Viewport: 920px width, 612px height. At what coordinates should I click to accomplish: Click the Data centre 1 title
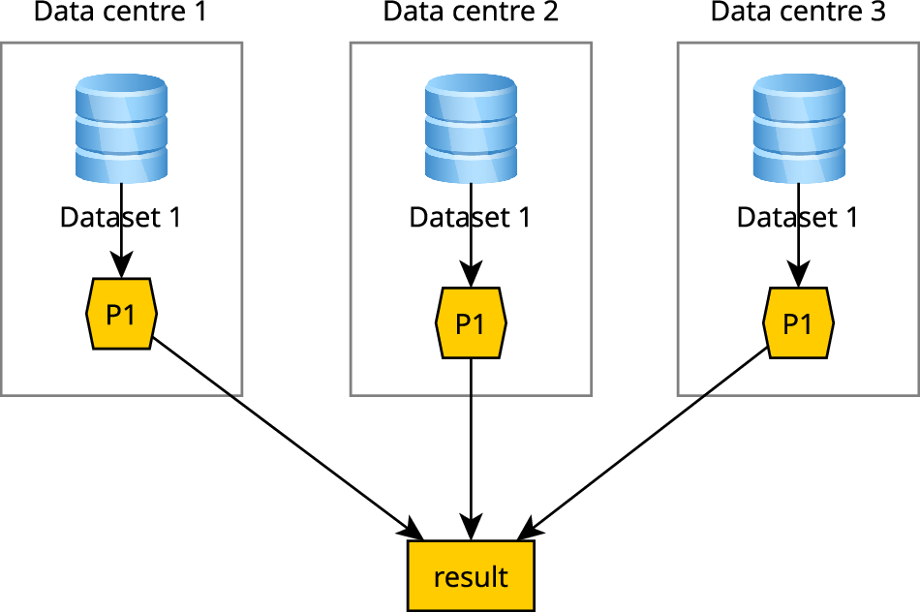[x=120, y=13]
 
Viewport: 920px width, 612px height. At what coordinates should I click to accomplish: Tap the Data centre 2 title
[x=471, y=13]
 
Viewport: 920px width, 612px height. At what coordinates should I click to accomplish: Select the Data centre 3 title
[x=798, y=13]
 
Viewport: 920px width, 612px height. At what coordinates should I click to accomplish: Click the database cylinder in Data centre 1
[x=121, y=130]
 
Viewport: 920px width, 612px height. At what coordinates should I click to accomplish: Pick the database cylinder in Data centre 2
[x=471, y=130]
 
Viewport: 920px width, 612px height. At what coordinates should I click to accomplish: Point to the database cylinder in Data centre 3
[x=798, y=130]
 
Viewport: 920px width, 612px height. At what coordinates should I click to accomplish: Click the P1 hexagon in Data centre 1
[x=121, y=315]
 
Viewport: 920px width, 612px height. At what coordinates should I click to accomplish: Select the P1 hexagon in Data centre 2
[x=471, y=322]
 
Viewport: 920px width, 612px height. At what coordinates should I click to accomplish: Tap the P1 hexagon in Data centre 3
[x=798, y=322]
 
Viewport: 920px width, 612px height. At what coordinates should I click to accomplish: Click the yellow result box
[x=471, y=576]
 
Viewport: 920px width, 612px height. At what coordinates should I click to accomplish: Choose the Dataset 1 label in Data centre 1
[x=121, y=217]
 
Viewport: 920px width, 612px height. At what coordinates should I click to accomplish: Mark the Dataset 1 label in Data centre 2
[x=471, y=217]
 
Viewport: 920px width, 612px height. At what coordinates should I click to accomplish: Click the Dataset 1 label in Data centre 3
[x=798, y=217]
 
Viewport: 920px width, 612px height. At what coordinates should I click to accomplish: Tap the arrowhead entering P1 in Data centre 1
[x=121, y=266]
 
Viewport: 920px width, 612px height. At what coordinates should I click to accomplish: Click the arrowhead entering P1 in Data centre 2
[x=471, y=274]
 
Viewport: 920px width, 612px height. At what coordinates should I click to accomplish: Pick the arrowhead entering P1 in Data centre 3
[x=798, y=274]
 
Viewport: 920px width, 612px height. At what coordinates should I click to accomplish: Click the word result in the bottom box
[x=471, y=577]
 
